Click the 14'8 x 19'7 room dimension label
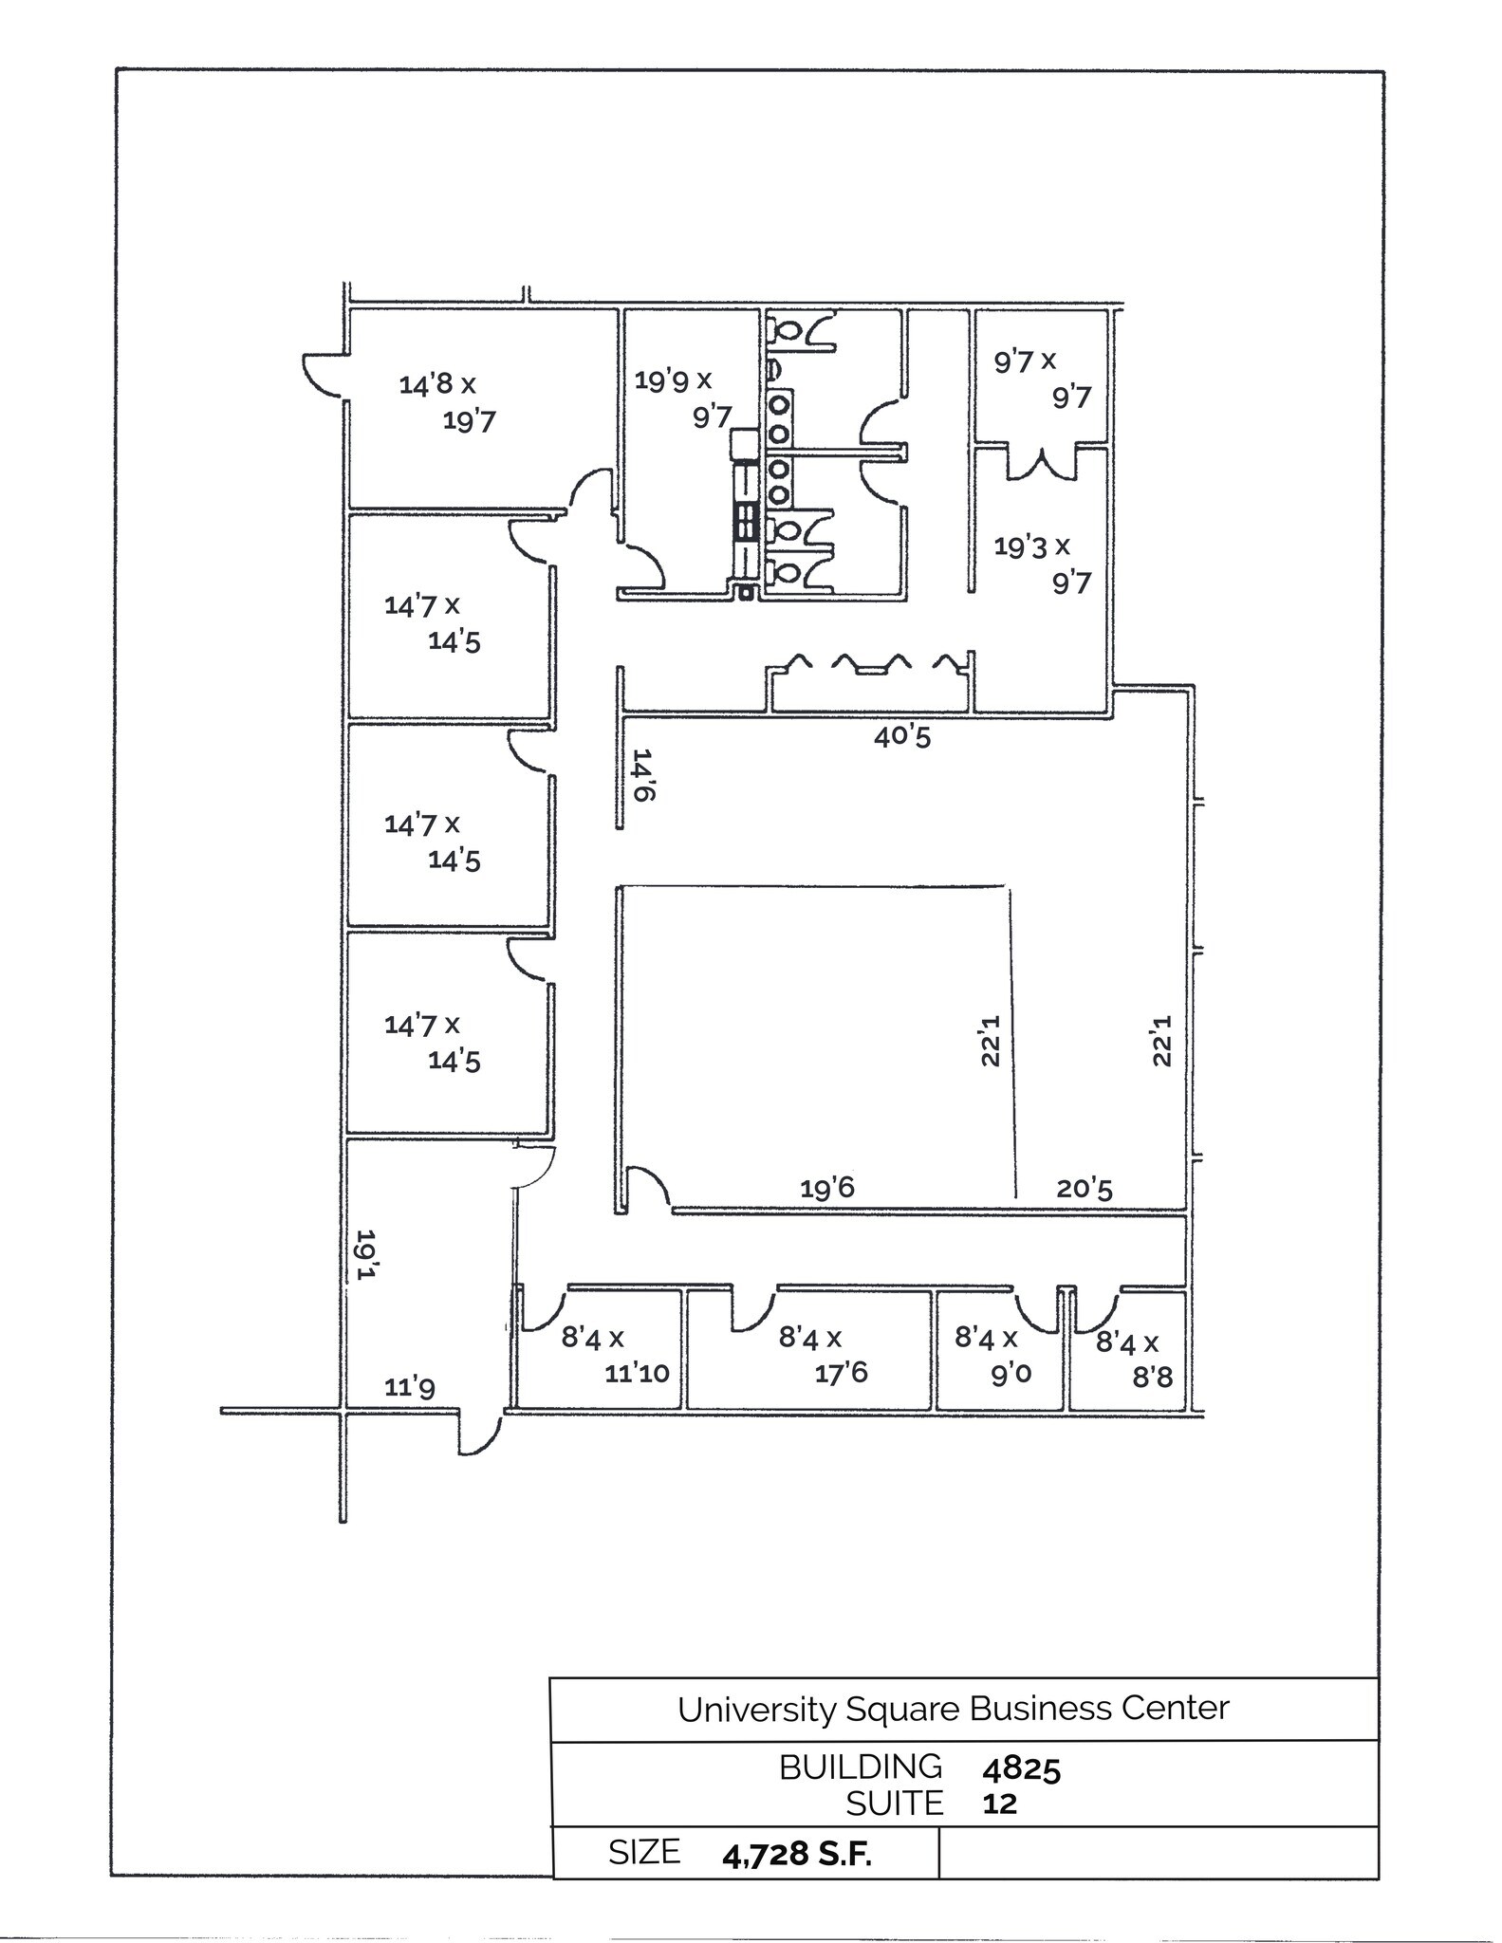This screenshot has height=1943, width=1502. pos(447,402)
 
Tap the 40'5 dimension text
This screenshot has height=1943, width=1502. pos(902,736)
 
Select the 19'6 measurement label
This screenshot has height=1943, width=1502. pos(827,1188)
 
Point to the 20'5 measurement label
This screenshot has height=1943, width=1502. pos(1085,1188)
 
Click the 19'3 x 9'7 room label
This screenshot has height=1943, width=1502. pos(1042,564)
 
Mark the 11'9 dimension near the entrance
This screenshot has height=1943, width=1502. pos(410,1388)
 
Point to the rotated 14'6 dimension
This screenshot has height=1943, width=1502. pos(643,775)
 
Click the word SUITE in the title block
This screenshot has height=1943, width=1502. pos(895,1804)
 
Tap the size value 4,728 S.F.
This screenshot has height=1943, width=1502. pos(796,1856)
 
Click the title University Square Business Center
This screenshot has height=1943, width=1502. pos(953,1709)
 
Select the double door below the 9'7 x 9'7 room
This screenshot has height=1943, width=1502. pos(1043,465)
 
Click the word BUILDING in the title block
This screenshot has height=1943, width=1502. pos(861,1767)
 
